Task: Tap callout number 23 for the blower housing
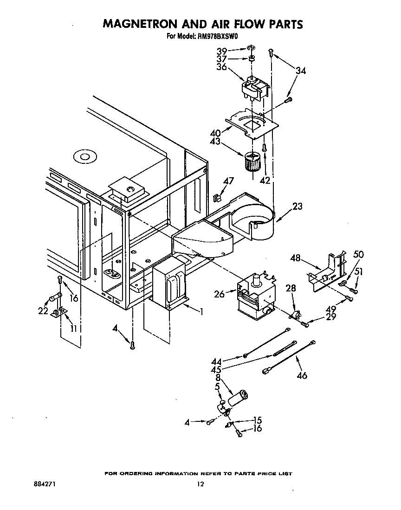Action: [297, 206]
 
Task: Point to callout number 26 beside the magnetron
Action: [220, 294]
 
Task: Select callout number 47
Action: [228, 181]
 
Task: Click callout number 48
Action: [296, 258]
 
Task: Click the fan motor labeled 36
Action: [255, 87]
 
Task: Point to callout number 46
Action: [302, 375]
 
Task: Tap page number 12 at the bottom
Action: [200, 484]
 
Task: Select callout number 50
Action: [358, 254]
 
